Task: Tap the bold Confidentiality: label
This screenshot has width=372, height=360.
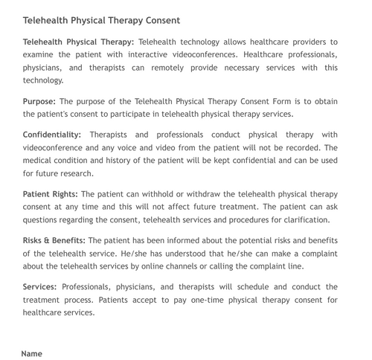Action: pyautogui.click(x=52, y=135)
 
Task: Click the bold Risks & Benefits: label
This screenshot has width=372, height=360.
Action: pyautogui.click(x=54, y=240)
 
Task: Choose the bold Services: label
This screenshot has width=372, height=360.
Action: pyautogui.click(x=40, y=286)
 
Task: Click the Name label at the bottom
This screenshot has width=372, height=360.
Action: pyautogui.click(x=32, y=353)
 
